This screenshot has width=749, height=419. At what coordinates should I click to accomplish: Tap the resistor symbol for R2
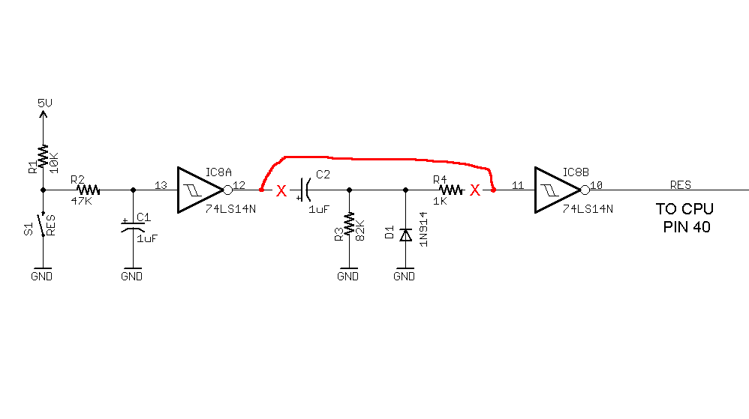coord(88,190)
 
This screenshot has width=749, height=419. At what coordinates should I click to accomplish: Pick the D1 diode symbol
coord(406,235)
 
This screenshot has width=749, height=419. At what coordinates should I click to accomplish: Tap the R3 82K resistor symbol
coord(349,224)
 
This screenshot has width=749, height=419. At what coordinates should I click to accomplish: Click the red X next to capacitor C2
coord(281,191)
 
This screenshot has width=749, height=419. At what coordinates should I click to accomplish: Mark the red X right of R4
coord(474,191)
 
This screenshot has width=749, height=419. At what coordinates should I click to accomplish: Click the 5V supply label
coord(45,103)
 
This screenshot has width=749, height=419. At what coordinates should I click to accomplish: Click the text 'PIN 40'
coord(687,227)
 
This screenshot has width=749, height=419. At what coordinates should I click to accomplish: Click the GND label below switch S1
coord(42,277)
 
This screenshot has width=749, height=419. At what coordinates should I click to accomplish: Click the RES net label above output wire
coord(680,184)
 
